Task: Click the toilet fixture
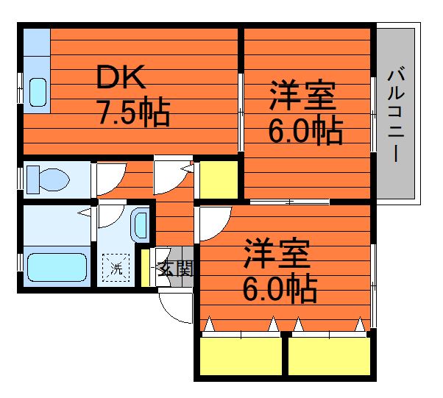pyautogui.click(x=47, y=177)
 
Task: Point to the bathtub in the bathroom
pyautogui.click(x=57, y=267)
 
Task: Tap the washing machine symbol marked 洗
pyautogui.click(x=116, y=268)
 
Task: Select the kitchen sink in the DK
pyautogui.click(x=37, y=92)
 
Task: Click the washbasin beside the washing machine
pyautogui.click(x=140, y=224)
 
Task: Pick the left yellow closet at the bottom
pyautogui.click(x=240, y=357)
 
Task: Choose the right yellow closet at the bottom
pyautogui.click(x=328, y=357)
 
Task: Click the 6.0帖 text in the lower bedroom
pyautogui.click(x=281, y=288)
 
